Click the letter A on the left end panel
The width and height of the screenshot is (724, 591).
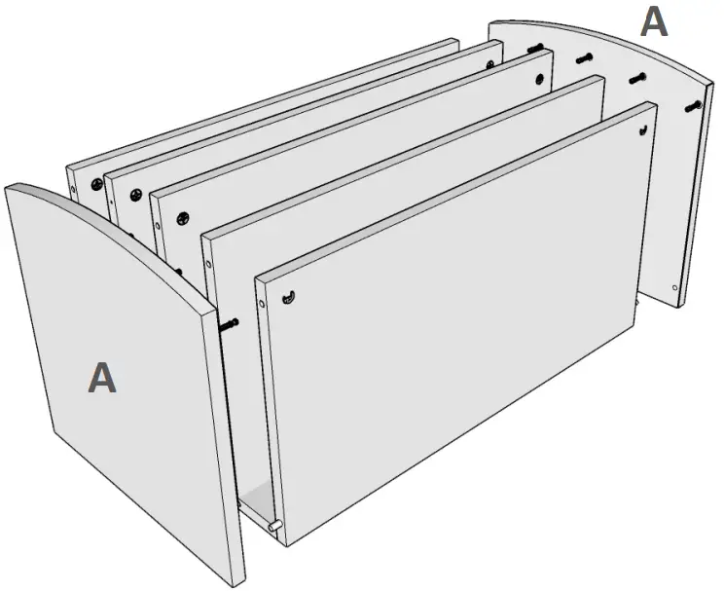[x=102, y=378]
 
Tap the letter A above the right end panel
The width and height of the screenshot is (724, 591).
[x=654, y=20]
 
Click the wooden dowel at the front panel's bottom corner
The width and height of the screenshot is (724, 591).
[x=274, y=527]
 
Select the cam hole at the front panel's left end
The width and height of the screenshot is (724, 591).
[x=291, y=296]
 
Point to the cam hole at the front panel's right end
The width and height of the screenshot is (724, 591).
[x=644, y=129]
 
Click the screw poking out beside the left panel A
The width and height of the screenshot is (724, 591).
[x=230, y=322]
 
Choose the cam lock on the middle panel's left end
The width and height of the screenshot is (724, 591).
[x=182, y=220]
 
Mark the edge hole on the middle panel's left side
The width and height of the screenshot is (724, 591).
[x=159, y=227]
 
